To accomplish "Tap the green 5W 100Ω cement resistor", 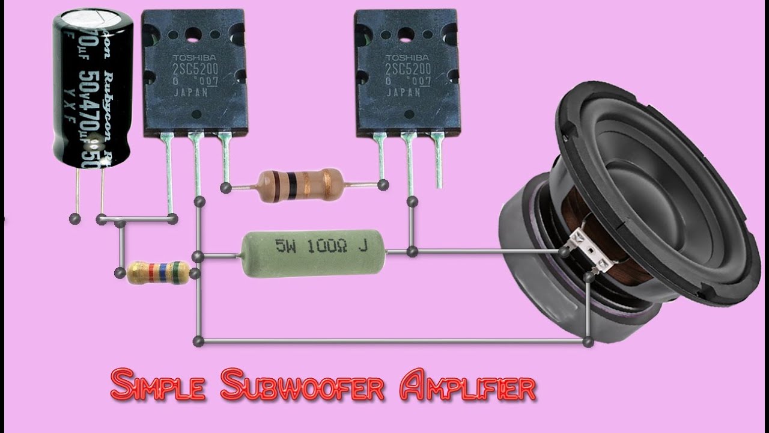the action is coord(312,253).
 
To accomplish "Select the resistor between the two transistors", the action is coord(300,184).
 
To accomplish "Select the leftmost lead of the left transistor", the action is coord(169,174).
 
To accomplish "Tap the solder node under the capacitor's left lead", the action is coord(75,218).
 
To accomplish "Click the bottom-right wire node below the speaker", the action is coord(588,342).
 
